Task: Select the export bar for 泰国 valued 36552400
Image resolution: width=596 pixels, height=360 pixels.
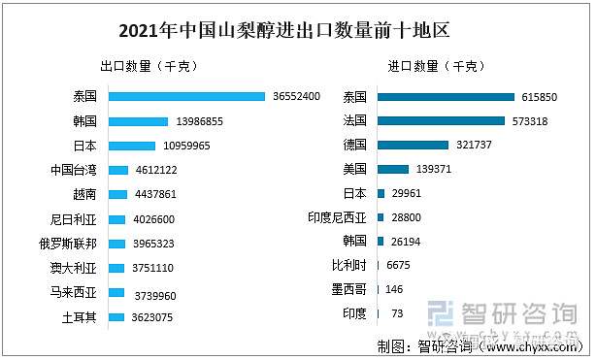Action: (186, 96)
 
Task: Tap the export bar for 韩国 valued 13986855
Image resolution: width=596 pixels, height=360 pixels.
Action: (138, 121)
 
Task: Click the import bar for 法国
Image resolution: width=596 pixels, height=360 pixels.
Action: (441, 120)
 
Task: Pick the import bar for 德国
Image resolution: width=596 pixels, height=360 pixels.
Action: (413, 145)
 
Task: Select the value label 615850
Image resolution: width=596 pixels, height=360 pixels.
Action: (541, 96)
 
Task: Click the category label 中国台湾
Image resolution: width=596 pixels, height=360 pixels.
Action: (74, 170)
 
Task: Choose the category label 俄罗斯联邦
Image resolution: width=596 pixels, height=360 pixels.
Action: (74, 244)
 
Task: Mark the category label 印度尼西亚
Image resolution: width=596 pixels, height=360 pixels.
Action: (336, 217)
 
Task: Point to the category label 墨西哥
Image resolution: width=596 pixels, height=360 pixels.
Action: (348, 289)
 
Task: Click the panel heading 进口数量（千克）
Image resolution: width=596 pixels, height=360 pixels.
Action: (432, 66)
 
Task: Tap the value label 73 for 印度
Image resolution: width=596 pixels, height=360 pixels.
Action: (397, 313)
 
